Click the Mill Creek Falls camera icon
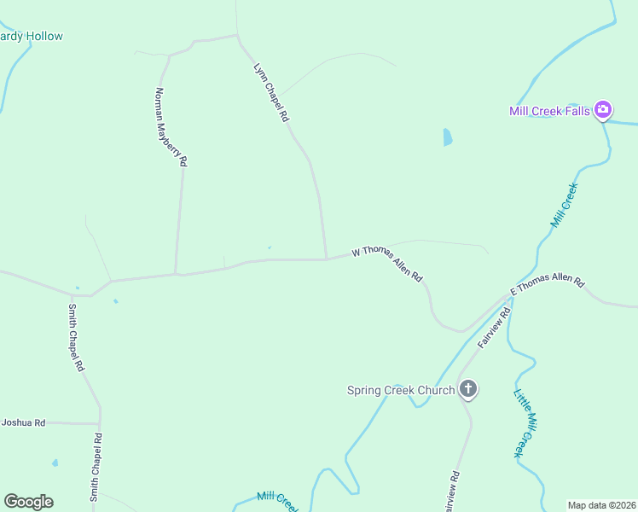click(603, 109)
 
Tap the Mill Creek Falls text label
click(549, 111)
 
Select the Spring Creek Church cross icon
click(467, 390)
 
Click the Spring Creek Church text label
click(400, 391)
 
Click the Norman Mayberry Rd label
click(171, 126)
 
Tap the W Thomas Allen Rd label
click(388, 263)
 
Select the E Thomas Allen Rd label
click(547, 285)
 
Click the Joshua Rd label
click(23, 422)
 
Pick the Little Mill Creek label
click(523, 423)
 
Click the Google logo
click(28, 502)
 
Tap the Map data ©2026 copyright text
click(602, 505)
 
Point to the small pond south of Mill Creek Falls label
click(448, 137)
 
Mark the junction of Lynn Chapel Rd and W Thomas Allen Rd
click(326, 259)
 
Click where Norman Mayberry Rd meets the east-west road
click(176, 274)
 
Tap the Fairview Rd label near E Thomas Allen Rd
click(494, 327)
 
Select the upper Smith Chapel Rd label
click(77, 337)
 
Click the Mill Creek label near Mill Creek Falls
click(565, 205)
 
